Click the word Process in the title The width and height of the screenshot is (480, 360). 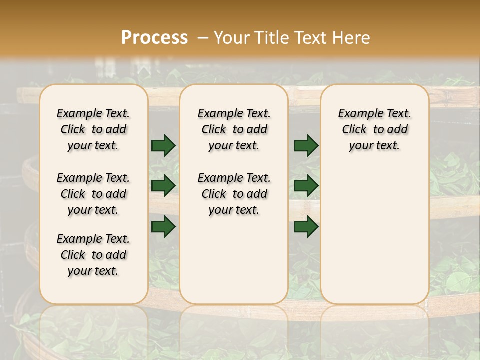(x=154, y=38)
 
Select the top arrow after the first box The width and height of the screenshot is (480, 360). (x=163, y=146)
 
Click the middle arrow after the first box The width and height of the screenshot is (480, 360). (x=163, y=186)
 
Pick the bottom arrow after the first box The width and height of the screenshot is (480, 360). (x=163, y=226)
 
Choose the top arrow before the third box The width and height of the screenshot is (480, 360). (x=306, y=146)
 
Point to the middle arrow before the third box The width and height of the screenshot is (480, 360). (x=306, y=186)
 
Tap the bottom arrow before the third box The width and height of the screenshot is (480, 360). (x=306, y=226)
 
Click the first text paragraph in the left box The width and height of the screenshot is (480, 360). (x=93, y=129)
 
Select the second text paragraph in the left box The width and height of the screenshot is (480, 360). (x=93, y=194)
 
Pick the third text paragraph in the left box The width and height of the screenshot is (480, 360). (x=93, y=255)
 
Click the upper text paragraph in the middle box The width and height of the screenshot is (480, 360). (x=234, y=129)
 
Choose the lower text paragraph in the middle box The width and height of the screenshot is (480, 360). (x=234, y=194)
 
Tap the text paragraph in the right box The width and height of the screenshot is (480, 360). (x=374, y=129)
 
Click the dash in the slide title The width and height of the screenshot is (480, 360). (x=203, y=38)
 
